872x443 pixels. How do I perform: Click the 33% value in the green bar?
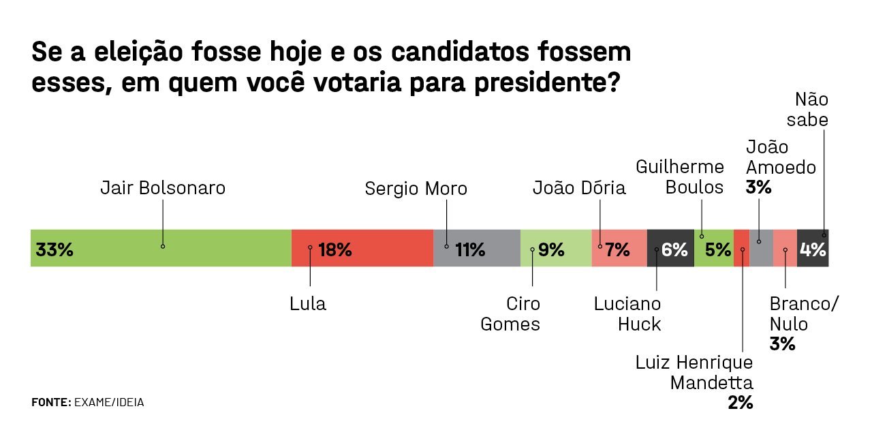[x=54, y=249]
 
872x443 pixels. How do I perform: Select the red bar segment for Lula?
[x=362, y=248]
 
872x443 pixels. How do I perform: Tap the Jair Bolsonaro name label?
[x=163, y=187]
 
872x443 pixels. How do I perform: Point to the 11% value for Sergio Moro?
[x=470, y=249]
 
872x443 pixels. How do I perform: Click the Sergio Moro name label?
[x=416, y=189]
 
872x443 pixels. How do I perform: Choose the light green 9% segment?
[x=555, y=248]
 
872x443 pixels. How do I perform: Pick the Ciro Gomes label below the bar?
[x=510, y=314]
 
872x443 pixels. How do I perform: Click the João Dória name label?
[x=579, y=187]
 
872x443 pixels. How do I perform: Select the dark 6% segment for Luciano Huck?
[x=670, y=248]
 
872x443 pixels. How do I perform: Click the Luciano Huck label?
[x=627, y=314]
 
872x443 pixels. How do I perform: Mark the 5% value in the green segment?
[x=718, y=249]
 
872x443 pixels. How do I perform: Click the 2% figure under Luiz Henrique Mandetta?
[x=740, y=403]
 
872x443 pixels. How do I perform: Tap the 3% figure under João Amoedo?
[x=758, y=187]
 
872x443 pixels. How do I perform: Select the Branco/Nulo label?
[x=804, y=314]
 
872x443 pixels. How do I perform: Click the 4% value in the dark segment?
[x=813, y=249]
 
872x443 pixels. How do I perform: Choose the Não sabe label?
[x=808, y=110]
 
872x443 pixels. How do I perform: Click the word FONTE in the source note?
[x=51, y=402]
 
